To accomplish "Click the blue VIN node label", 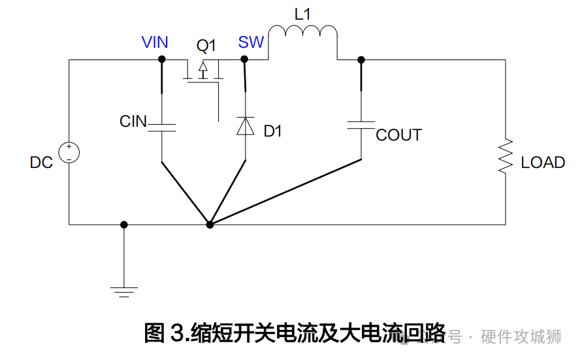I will click(155, 42).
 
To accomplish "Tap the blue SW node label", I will click(251, 42).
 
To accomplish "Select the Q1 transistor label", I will click(206, 46).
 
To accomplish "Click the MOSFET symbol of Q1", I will click(203, 72).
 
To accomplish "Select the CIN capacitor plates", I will click(161, 126).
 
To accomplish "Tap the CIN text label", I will click(133, 122).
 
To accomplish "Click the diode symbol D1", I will click(246, 125).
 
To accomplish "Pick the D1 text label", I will click(272, 131).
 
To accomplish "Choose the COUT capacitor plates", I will click(361, 125).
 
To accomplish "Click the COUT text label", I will click(398, 135).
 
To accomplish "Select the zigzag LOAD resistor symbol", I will click(506, 156).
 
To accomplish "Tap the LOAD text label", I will click(543, 163).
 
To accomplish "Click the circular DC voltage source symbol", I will click(69, 153).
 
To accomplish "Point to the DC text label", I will click(41, 163).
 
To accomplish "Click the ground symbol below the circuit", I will click(124, 289).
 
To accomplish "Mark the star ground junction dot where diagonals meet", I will click(210, 224).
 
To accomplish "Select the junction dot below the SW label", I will click(245, 59).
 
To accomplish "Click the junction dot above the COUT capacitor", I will click(361, 59).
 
